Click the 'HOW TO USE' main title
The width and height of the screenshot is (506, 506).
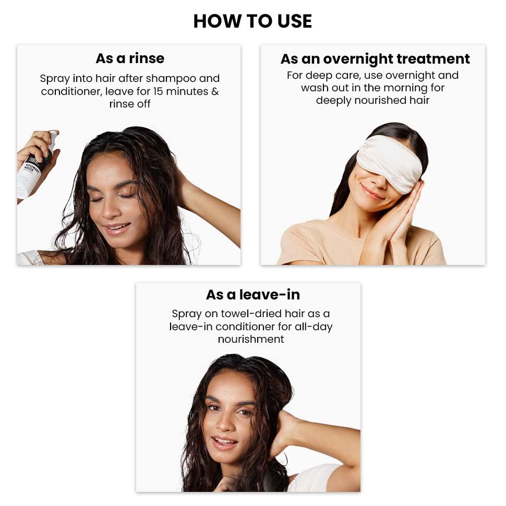point(252,21)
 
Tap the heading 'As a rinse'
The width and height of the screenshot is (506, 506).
point(130,58)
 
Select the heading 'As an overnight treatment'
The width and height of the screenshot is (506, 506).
point(375,58)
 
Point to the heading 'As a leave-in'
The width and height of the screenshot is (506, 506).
point(253,295)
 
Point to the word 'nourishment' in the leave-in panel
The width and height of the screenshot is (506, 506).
point(251,339)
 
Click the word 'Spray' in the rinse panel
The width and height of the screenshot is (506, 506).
point(55,79)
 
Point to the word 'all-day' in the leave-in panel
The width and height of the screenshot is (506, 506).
point(312,327)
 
